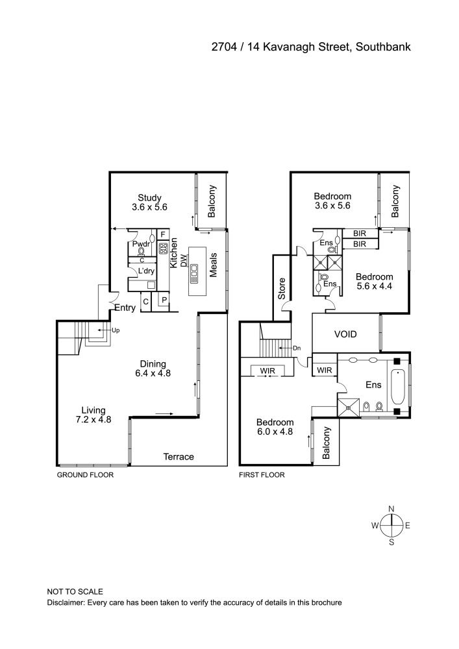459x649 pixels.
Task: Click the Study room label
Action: click(149, 198)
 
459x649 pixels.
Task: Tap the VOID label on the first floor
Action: click(346, 335)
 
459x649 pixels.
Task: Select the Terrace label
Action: click(178, 457)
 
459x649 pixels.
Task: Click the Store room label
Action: click(282, 289)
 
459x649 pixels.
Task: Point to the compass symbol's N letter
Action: click(391, 509)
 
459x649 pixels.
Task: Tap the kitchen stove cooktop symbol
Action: click(164, 247)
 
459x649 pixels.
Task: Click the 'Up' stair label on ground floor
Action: click(116, 330)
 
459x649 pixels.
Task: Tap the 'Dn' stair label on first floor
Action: click(297, 348)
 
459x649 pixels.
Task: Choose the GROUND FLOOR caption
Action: click(85, 475)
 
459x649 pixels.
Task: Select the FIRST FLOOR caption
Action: click(262, 475)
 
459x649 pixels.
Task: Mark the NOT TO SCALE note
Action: click(75, 592)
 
